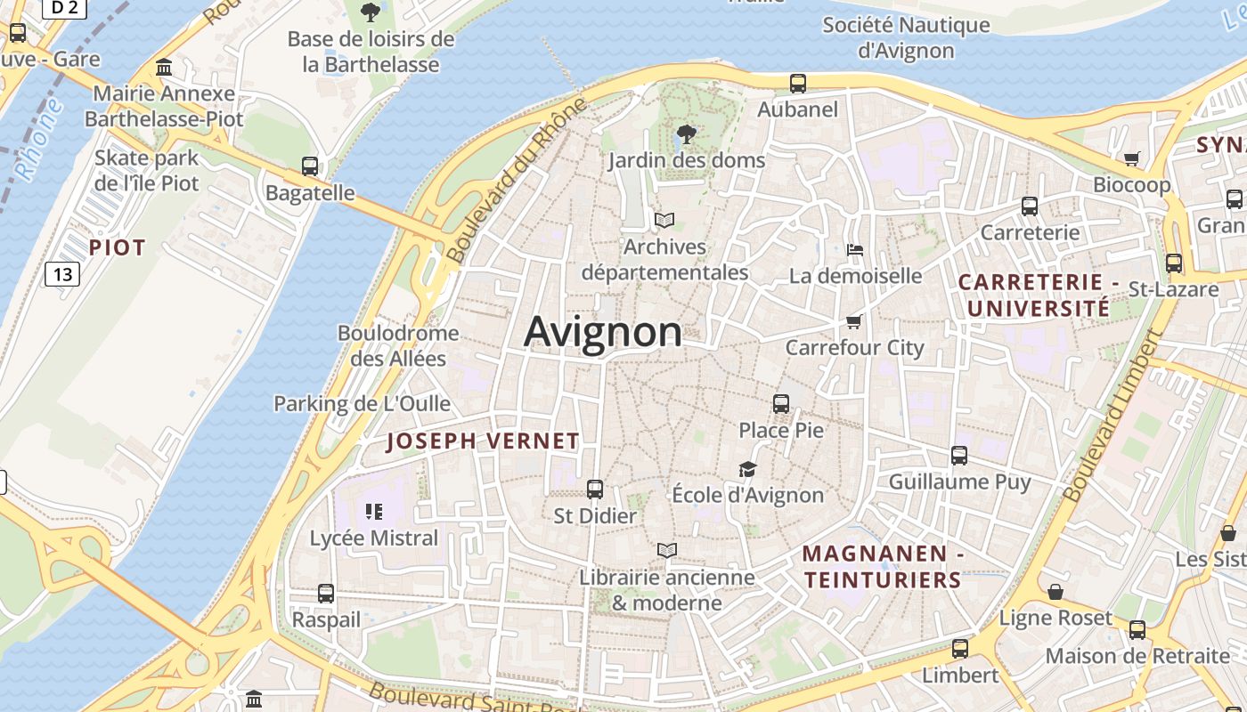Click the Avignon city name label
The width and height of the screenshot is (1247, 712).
coord(603,332)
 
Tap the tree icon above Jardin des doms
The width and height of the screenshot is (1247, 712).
coord(686,135)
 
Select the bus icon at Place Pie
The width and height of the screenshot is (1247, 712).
coord(781,404)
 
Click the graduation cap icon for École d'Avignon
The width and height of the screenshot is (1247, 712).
coord(746,469)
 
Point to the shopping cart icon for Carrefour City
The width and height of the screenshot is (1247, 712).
coord(854,321)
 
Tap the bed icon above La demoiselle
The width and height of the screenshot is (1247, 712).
coord(855,249)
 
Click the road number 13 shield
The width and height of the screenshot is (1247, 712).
coord(62,274)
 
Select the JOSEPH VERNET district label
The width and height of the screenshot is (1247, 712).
coord(483,441)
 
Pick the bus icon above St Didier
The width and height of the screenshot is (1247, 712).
coord(595,489)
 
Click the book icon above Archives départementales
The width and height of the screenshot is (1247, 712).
coord(664,220)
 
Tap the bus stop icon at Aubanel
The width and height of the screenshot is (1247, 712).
coord(798,84)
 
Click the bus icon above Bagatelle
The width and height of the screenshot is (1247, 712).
coord(310,166)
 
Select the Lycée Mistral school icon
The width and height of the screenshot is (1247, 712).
coord(374,512)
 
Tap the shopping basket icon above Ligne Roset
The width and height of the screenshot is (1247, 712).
coord(1055,592)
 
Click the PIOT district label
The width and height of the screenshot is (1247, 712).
coord(117,248)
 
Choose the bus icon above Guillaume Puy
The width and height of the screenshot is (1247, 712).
coord(959,456)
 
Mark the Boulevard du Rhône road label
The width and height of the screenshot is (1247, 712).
coord(518,181)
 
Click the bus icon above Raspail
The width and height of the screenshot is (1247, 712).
coord(326,594)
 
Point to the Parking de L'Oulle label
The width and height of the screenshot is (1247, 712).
coord(362,404)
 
